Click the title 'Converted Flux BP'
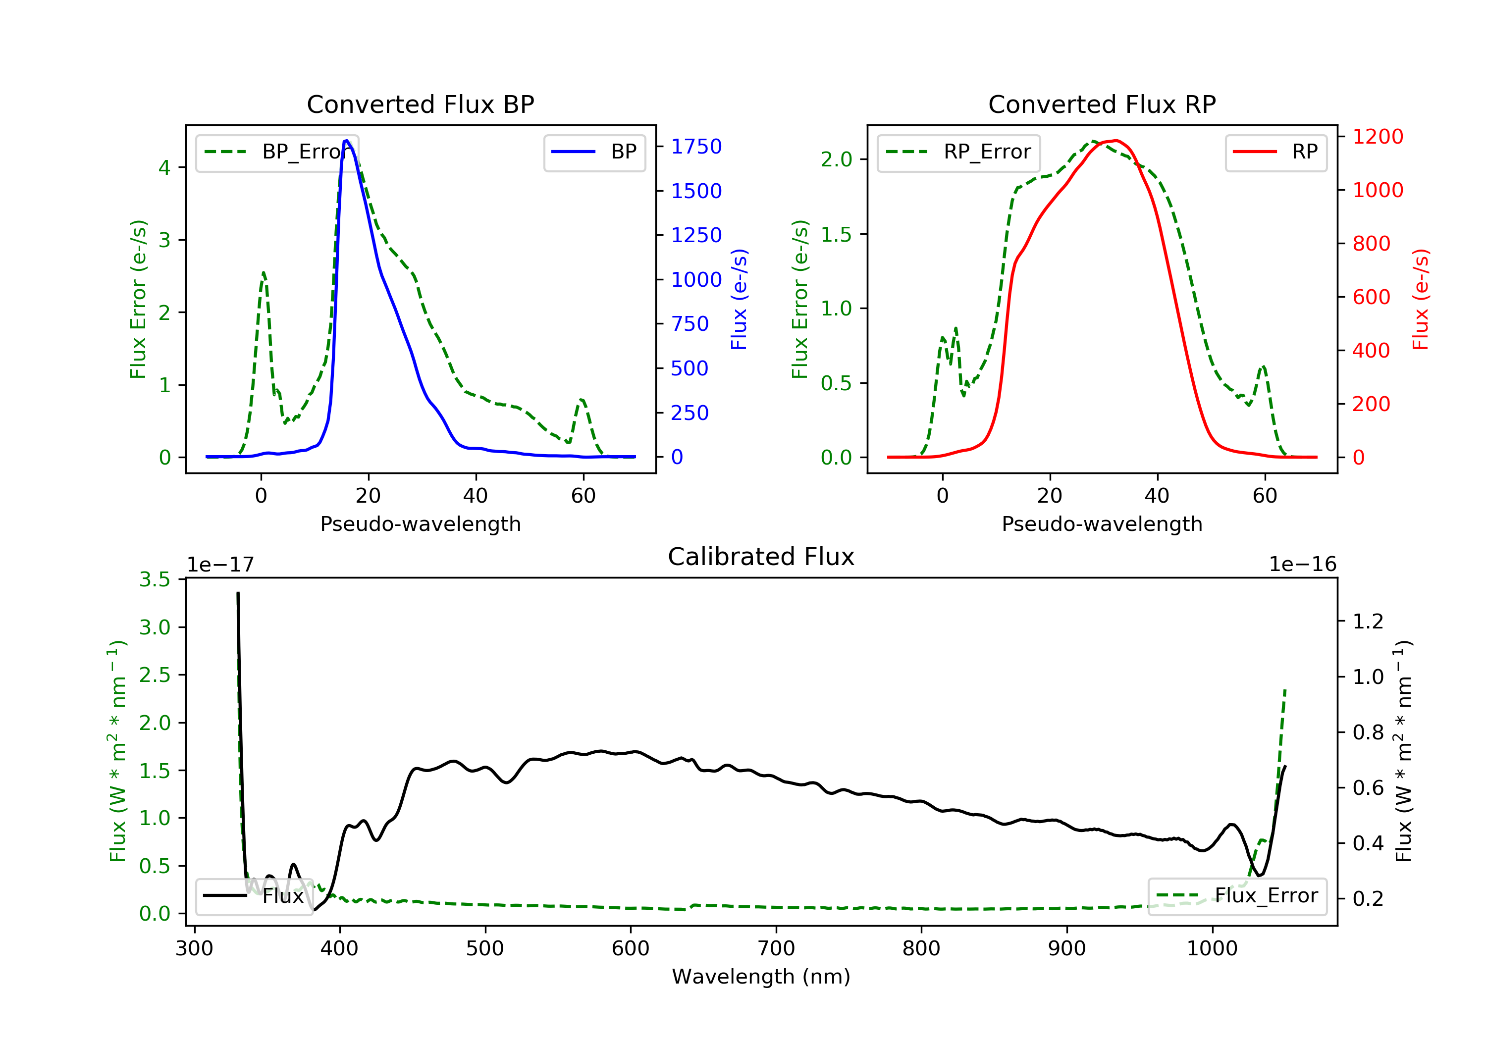coord(420,104)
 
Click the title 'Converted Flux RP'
coord(1102,104)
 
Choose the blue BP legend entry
coord(594,152)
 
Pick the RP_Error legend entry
coord(958,152)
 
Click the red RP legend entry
coord(1275,152)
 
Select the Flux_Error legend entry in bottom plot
coord(1237,896)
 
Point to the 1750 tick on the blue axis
coord(696,147)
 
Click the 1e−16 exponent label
coord(1302,565)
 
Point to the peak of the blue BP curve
coord(346,141)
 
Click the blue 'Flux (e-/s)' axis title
coord(739,300)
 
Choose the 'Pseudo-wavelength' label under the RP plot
coord(1102,523)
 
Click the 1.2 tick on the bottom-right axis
coord(1368,622)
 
